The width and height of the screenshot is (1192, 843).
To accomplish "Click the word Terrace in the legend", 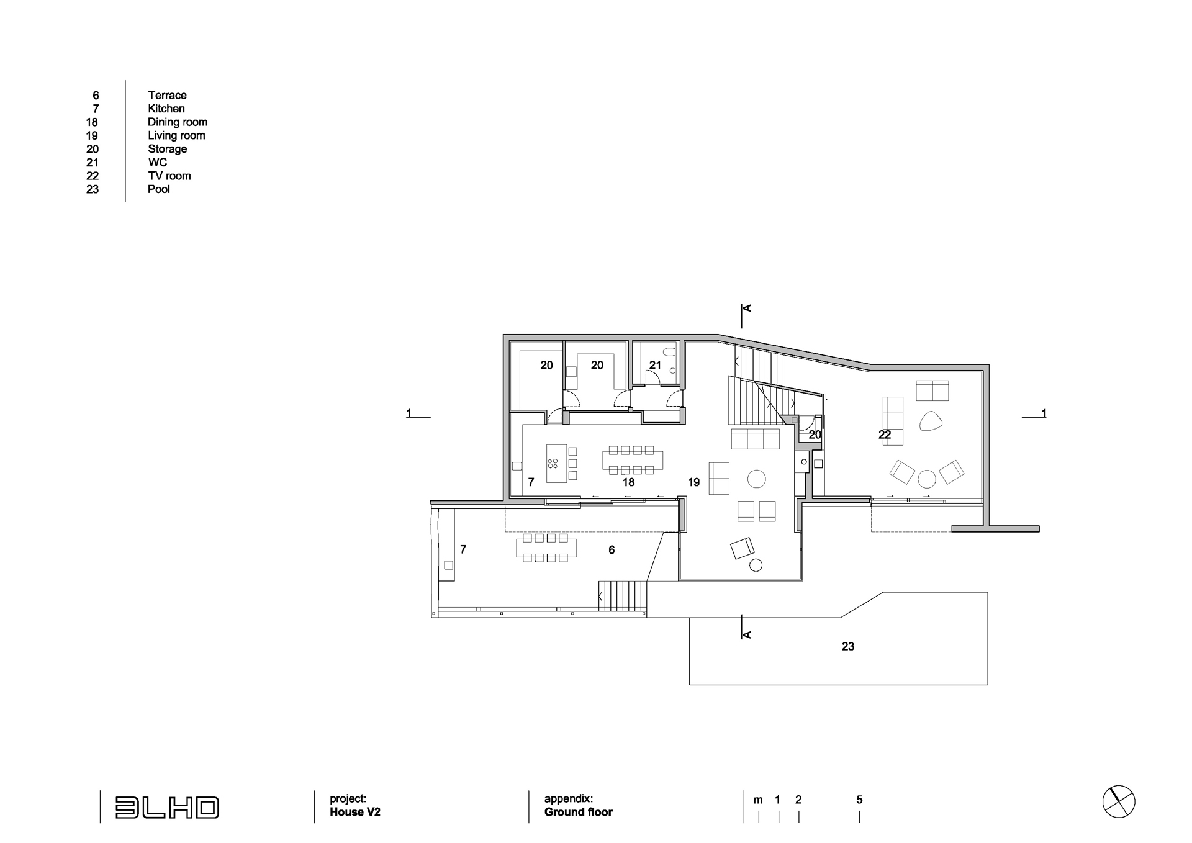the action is (x=167, y=95).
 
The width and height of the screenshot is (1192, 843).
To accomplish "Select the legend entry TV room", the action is (x=169, y=176).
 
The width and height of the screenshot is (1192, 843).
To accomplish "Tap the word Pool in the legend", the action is (x=159, y=189).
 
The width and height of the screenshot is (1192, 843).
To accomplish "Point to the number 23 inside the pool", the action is (x=848, y=646).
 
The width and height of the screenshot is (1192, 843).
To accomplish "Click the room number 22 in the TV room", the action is (x=885, y=435).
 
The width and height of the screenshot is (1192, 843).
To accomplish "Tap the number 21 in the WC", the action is (x=655, y=365).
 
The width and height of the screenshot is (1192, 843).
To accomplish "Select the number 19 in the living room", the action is (x=693, y=482).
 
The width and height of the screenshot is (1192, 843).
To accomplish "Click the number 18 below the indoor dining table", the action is (x=628, y=482).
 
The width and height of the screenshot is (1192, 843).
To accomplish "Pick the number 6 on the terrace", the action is (x=612, y=550).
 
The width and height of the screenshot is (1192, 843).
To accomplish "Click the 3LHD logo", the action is (x=167, y=808).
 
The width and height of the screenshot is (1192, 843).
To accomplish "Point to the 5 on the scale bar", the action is (x=859, y=800).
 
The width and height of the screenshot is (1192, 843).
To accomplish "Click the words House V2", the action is (x=355, y=812).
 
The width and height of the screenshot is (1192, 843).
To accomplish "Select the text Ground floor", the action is (x=579, y=812).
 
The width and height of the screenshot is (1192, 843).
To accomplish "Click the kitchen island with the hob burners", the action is (x=557, y=463).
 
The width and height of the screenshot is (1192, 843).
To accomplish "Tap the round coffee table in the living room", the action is (x=756, y=479).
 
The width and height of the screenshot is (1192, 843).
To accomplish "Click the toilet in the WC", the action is (x=669, y=352).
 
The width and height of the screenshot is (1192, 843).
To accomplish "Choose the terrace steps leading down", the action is (x=623, y=597).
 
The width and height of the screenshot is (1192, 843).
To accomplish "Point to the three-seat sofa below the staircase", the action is (x=756, y=438).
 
